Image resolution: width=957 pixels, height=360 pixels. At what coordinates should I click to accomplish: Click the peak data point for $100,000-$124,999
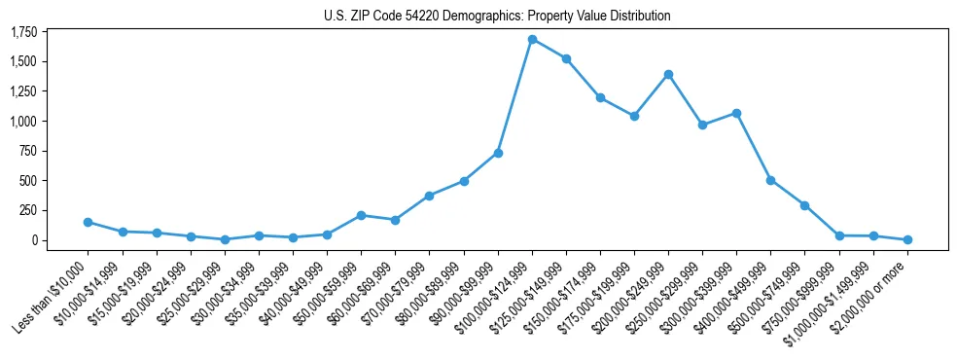pyautogui.click(x=532, y=40)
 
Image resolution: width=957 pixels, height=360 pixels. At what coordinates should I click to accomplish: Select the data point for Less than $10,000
pyautogui.click(x=88, y=222)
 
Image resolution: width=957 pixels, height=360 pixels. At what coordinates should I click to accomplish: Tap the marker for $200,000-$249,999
pyautogui.click(x=668, y=74)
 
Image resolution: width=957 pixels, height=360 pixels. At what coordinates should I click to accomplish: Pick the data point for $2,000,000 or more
pyautogui.click(x=907, y=239)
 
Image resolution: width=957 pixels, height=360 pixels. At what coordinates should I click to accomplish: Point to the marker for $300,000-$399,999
pyautogui.click(x=736, y=113)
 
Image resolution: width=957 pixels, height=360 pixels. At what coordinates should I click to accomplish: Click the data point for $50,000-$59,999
pyautogui.click(x=361, y=215)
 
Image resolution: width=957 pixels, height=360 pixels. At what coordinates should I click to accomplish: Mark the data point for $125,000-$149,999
pyautogui.click(x=566, y=58)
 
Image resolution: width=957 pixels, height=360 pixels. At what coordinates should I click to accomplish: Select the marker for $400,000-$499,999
pyautogui.click(x=770, y=180)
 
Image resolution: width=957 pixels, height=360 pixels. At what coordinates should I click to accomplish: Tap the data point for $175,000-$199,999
pyautogui.click(x=634, y=116)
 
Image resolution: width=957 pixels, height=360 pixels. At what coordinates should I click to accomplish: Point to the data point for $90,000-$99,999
pyautogui.click(x=498, y=153)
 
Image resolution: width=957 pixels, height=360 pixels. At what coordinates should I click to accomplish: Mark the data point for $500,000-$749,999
pyautogui.click(x=804, y=205)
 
